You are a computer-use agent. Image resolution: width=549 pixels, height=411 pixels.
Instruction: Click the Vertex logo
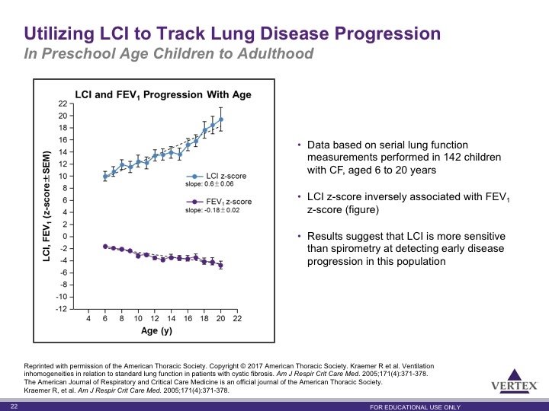514,381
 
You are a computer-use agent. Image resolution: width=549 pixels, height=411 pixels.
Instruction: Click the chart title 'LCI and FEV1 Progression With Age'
163,94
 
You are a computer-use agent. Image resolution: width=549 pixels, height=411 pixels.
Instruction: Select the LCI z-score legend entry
217,176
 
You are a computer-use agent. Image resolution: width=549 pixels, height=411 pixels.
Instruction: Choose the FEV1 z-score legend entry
219,202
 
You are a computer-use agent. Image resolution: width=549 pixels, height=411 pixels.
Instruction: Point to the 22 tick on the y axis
63,104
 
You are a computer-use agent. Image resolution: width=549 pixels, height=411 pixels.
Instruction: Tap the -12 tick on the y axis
61,309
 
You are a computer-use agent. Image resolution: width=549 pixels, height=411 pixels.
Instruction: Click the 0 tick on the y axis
65,237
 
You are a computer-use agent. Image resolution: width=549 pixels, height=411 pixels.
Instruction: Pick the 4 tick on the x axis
88,318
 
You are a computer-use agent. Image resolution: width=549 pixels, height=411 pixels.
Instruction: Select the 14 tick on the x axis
172,318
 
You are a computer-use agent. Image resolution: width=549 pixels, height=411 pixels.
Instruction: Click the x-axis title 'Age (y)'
156,330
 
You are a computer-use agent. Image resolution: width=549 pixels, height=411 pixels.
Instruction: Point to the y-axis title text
47,206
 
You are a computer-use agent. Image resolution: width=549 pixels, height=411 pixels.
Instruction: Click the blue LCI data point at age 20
221,119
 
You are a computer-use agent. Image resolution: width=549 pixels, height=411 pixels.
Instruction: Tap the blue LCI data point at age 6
105,177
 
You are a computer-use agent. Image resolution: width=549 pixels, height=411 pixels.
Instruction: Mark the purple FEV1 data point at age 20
220,266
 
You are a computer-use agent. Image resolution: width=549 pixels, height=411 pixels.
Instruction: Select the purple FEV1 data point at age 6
105,247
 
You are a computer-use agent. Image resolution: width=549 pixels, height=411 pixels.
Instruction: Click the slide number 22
14,406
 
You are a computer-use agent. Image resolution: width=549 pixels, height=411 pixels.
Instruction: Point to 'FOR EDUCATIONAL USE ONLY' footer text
416,407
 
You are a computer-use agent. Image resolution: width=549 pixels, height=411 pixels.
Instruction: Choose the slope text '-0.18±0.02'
222,210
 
